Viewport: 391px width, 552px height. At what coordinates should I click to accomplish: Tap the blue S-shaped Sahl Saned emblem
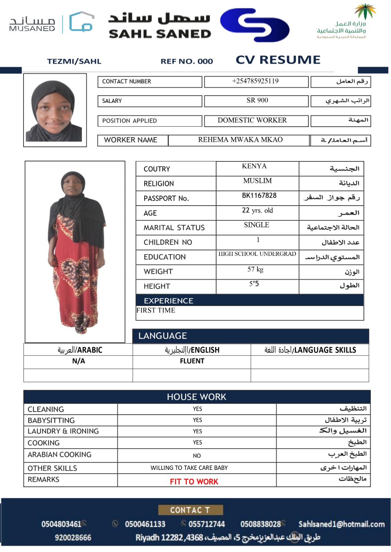click(255, 25)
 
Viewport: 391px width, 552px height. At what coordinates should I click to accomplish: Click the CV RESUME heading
click(278, 60)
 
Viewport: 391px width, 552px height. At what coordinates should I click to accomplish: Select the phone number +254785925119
click(255, 81)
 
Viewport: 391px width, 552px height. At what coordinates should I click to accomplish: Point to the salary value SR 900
click(257, 100)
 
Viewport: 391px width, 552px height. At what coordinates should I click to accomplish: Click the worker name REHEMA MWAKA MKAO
click(240, 140)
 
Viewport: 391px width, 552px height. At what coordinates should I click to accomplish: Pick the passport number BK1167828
click(259, 196)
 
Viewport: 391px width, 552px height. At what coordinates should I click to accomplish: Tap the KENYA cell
click(254, 166)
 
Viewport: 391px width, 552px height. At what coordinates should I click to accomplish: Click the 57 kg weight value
click(255, 269)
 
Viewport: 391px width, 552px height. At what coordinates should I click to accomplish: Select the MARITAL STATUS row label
click(174, 228)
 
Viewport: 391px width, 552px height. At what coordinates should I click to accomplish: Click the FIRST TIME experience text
click(156, 310)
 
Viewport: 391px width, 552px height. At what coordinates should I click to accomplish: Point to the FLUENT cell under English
click(192, 361)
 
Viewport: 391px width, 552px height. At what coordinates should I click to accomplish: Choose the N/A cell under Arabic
click(78, 361)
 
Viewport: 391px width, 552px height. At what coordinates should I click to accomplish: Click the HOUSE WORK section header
click(197, 397)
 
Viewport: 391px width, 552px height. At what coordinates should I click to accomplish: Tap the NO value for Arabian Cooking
click(197, 456)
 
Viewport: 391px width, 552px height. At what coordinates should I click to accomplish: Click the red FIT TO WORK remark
click(194, 482)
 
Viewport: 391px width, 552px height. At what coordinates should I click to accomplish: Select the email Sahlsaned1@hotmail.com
click(341, 524)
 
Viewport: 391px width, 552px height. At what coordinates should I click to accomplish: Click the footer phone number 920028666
click(73, 538)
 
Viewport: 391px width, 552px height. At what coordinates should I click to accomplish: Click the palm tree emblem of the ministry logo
click(365, 11)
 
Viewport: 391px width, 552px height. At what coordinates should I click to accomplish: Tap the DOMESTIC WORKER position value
click(252, 120)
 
